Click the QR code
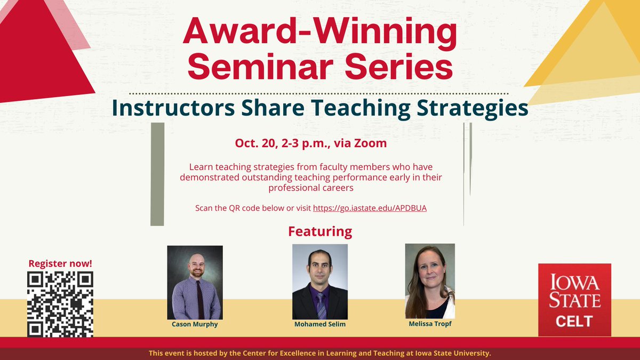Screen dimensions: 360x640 60,304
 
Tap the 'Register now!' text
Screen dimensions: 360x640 60,263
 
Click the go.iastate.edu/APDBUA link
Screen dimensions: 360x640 370,208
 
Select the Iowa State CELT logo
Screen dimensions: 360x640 574,300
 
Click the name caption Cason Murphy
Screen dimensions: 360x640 195,324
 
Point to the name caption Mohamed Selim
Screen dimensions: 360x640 320,324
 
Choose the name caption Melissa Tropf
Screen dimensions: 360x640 430,323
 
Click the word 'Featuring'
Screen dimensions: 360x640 320,231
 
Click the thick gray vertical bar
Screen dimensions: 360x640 157,174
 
